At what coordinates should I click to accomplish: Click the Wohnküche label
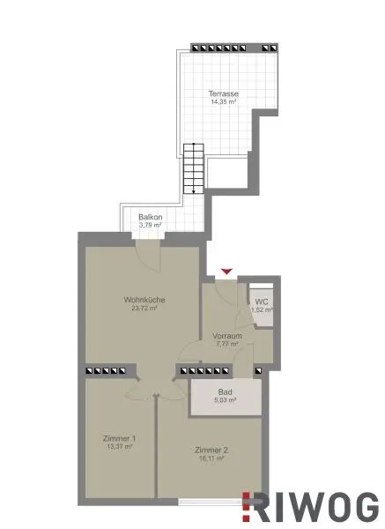144,300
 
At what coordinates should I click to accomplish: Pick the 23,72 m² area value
144,309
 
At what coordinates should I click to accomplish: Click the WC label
263,301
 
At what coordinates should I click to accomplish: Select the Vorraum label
227,337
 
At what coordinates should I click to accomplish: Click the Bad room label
226,392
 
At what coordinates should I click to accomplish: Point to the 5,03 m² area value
226,401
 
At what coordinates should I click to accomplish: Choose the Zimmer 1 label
120,438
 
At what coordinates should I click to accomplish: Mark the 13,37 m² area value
120,447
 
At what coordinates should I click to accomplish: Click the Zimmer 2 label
210,451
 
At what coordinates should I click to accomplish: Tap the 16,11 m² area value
210,459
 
